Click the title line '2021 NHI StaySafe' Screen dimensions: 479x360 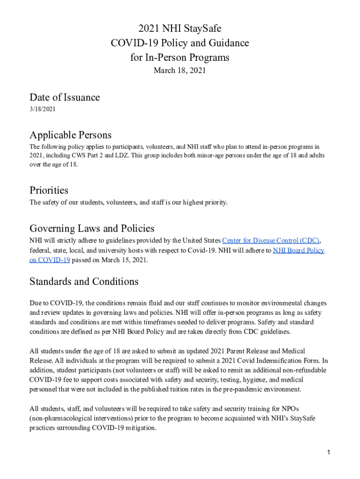(x=180, y=29)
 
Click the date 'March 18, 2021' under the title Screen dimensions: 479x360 (x=180, y=71)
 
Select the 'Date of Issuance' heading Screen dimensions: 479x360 (x=65, y=97)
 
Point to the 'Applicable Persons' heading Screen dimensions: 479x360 (x=71, y=135)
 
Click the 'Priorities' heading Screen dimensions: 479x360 (x=49, y=190)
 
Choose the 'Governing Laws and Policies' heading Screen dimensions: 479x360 (x=92, y=228)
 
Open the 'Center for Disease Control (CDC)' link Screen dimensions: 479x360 (x=271, y=240)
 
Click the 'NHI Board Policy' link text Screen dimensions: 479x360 (x=298, y=250)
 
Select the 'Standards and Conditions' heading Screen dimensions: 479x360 (x=84, y=282)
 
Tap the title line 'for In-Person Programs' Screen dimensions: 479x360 (x=180, y=58)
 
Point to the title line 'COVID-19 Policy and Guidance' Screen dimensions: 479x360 (x=180, y=44)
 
